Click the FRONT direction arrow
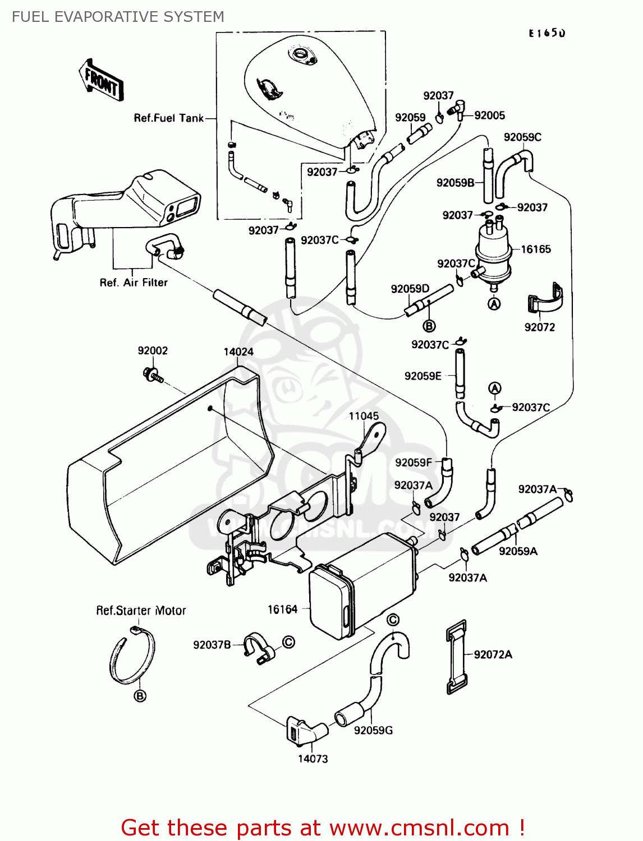point(101,80)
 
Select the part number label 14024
point(238,352)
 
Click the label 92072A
point(493,654)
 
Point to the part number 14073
point(313,759)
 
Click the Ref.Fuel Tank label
point(168,118)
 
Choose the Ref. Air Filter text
point(134,283)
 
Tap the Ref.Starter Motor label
point(141,611)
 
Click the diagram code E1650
point(546,33)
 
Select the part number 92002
point(153,351)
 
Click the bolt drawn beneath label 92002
point(153,374)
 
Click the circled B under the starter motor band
point(140,696)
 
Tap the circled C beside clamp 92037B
point(288,642)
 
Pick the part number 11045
point(364,416)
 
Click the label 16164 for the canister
point(282,609)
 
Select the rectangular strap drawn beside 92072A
point(456,657)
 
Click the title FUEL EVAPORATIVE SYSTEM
point(118,17)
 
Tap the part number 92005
point(489,115)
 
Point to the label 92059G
point(373,730)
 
